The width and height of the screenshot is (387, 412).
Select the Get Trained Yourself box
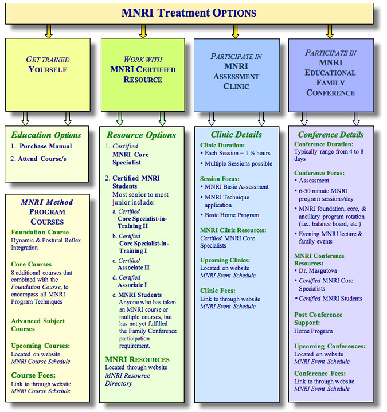[48, 74]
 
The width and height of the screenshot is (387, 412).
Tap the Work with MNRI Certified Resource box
[143, 74]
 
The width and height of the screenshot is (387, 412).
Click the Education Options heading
[46, 135]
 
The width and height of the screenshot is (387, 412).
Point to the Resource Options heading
[141, 135]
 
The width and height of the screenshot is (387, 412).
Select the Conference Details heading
[329, 135]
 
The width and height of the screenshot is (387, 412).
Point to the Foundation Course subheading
[40, 233]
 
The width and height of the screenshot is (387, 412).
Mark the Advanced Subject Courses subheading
[38, 325]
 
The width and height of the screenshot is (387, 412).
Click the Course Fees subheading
[34, 375]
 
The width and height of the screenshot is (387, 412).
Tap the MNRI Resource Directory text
[128, 379]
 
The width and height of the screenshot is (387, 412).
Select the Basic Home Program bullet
[232, 215]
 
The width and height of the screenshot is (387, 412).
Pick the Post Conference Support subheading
[318, 319]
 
